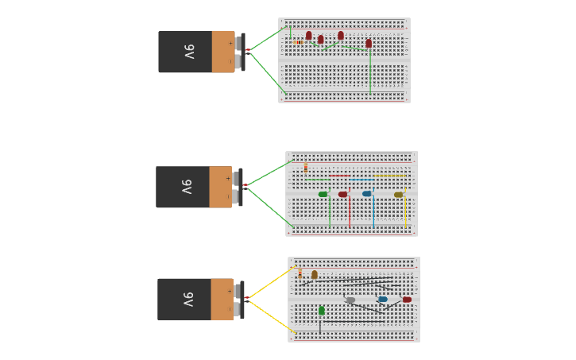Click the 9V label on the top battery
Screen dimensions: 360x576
coord(189,52)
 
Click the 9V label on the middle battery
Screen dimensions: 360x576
coord(187,187)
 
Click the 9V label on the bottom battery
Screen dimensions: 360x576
coord(188,299)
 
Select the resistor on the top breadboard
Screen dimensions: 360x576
coord(298,42)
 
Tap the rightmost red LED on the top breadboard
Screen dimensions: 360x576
coord(369,43)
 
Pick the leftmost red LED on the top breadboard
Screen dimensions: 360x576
coord(309,35)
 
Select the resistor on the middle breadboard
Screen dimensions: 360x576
coord(306,168)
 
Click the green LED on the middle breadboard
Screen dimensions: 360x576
coord(323,194)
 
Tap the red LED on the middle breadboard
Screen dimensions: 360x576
coord(342,194)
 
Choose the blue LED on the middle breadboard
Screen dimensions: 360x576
coord(366,193)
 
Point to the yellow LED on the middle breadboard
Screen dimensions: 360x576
coord(398,194)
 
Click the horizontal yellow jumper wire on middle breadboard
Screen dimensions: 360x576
coord(391,176)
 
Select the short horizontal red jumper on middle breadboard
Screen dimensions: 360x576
coord(339,176)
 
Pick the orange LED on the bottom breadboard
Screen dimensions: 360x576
coord(315,274)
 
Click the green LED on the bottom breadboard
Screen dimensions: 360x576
coord(321,310)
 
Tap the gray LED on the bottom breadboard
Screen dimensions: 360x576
coord(350,300)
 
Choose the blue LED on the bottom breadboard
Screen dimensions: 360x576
coord(383,300)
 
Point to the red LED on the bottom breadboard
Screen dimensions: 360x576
coord(407,300)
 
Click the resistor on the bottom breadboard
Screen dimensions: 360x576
coord(300,274)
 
